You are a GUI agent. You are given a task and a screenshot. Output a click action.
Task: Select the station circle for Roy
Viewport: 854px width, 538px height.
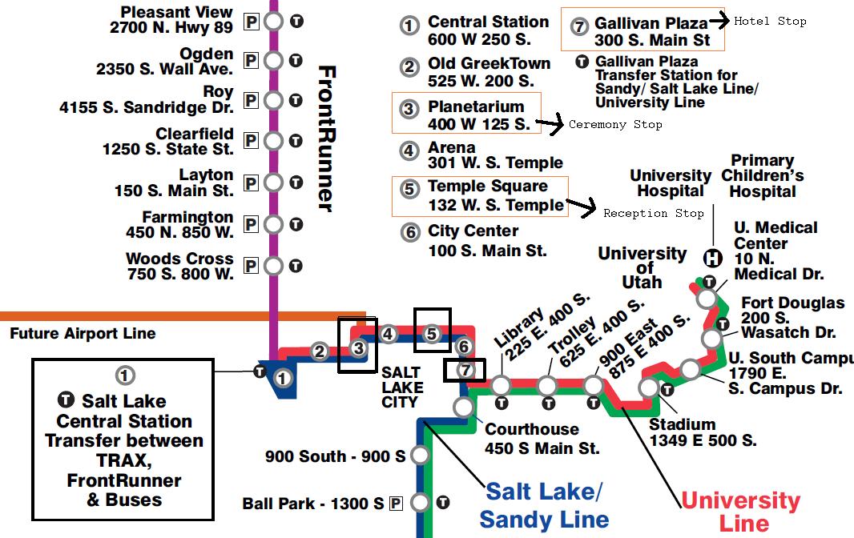pos(274,100)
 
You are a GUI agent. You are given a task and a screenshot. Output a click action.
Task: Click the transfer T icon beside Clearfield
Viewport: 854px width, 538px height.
pos(296,141)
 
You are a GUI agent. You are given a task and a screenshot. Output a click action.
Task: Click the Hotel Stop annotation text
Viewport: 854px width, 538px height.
pos(770,22)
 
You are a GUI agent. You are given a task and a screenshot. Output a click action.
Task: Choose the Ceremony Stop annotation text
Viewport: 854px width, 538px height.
pos(615,124)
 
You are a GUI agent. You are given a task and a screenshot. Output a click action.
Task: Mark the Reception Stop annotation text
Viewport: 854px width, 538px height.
pos(653,213)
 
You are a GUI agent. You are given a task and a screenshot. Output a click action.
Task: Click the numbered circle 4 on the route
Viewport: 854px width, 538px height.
pos(389,334)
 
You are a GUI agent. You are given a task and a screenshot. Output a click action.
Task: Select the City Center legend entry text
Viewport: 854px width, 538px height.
pos(473,240)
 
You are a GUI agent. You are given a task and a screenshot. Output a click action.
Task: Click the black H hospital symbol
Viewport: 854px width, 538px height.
pos(712,258)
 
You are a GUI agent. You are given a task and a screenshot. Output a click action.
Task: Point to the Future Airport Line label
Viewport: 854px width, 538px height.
pos(83,334)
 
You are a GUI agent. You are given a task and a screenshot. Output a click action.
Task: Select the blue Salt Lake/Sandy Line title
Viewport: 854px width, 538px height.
pos(544,505)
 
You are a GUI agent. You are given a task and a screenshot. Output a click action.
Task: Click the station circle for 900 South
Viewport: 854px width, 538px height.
pos(419,456)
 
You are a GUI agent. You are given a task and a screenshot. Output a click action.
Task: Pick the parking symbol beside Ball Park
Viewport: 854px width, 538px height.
pos(395,504)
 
